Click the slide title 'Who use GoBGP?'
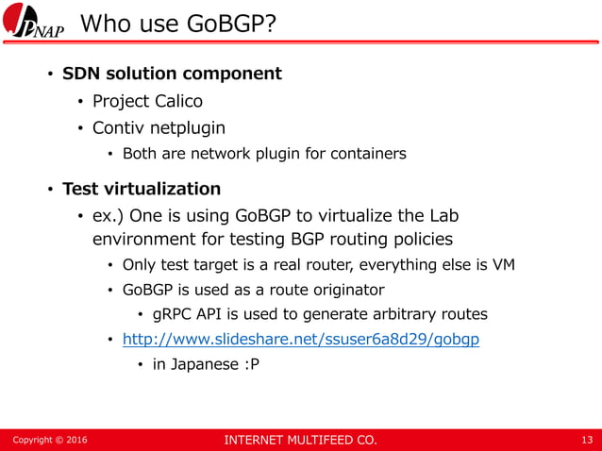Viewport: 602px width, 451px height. tap(178, 22)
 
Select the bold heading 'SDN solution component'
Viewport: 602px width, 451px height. tap(172, 74)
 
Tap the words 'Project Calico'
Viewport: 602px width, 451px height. tap(147, 101)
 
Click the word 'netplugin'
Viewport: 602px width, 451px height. tap(188, 127)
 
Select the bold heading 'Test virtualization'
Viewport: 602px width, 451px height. tap(142, 189)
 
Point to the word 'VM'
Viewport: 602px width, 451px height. tap(503, 265)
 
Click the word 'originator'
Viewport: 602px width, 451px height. tap(348, 290)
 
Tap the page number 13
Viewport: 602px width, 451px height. tap(588, 440)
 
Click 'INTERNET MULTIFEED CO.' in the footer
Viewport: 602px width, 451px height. tap(299, 440)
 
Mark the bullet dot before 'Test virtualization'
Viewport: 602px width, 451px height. tap(52, 190)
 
